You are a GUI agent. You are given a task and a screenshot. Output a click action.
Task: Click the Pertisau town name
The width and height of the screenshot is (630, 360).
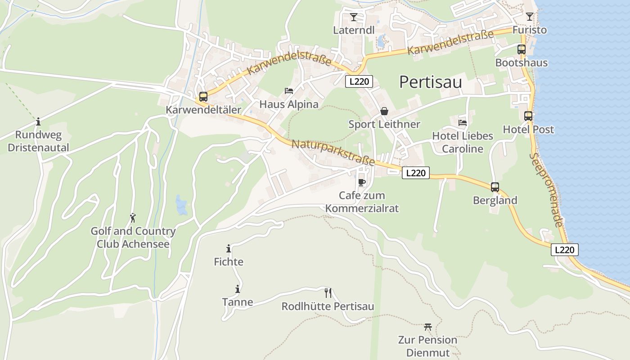[431, 82]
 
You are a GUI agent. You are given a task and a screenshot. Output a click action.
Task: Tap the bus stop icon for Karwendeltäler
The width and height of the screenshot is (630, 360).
[203, 96]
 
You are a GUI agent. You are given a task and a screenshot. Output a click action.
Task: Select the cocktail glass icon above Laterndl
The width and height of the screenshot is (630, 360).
[354, 17]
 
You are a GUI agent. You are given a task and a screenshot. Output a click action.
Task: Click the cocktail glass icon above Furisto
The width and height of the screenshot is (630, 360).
[530, 17]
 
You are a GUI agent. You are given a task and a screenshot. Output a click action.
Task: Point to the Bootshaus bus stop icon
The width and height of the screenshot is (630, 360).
[522, 49]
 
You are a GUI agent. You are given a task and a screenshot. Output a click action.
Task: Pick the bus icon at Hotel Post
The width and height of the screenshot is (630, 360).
[528, 116]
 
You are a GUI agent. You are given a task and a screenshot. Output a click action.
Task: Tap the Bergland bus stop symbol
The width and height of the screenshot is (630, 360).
[495, 187]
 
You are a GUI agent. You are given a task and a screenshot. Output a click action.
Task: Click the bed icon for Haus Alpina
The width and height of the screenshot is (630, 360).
[289, 91]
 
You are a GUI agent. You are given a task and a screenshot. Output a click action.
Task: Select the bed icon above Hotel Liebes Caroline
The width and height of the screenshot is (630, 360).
[463, 122]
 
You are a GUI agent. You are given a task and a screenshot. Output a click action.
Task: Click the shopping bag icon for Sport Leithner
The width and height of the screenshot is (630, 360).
[384, 111]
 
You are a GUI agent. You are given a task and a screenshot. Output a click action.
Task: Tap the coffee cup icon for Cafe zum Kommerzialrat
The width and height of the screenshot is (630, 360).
[361, 182]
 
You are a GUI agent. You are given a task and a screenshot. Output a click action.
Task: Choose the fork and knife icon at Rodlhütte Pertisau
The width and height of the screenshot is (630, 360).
[328, 293]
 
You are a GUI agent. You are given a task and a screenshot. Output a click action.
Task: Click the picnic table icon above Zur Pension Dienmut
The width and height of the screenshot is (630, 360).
[427, 327]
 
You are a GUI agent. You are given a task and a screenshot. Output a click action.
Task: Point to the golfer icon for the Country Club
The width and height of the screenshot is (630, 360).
[133, 218]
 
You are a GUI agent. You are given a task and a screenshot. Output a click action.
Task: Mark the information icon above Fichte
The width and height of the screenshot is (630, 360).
[229, 248]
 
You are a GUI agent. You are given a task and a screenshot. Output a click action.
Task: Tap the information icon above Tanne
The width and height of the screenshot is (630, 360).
[238, 289]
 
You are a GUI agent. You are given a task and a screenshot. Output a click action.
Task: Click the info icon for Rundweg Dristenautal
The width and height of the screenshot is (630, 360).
[38, 121]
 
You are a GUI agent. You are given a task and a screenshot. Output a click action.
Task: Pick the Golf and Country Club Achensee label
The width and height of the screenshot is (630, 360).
[133, 238]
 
